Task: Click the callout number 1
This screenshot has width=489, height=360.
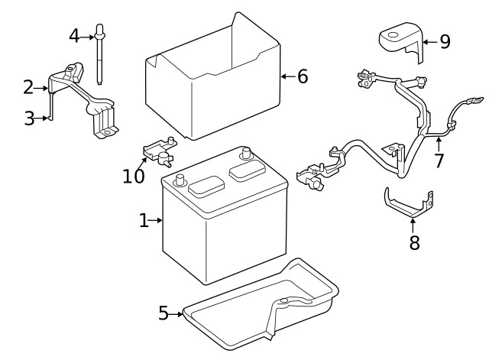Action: click(x=144, y=221)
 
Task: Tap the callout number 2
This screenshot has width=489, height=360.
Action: click(x=28, y=88)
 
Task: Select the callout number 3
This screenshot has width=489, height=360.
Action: click(x=29, y=118)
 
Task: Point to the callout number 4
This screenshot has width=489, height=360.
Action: click(x=74, y=35)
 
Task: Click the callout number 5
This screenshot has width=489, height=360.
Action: click(x=163, y=313)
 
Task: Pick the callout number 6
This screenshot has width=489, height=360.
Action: click(x=303, y=76)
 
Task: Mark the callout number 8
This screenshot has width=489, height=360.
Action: click(x=414, y=244)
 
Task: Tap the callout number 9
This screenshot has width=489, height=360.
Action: click(x=445, y=41)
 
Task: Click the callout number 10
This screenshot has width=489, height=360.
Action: click(x=133, y=177)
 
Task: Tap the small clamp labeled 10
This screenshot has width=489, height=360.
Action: click(x=160, y=149)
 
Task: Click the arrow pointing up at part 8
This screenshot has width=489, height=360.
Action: click(x=413, y=225)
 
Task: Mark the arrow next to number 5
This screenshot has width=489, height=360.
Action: click(x=177, y=313)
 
